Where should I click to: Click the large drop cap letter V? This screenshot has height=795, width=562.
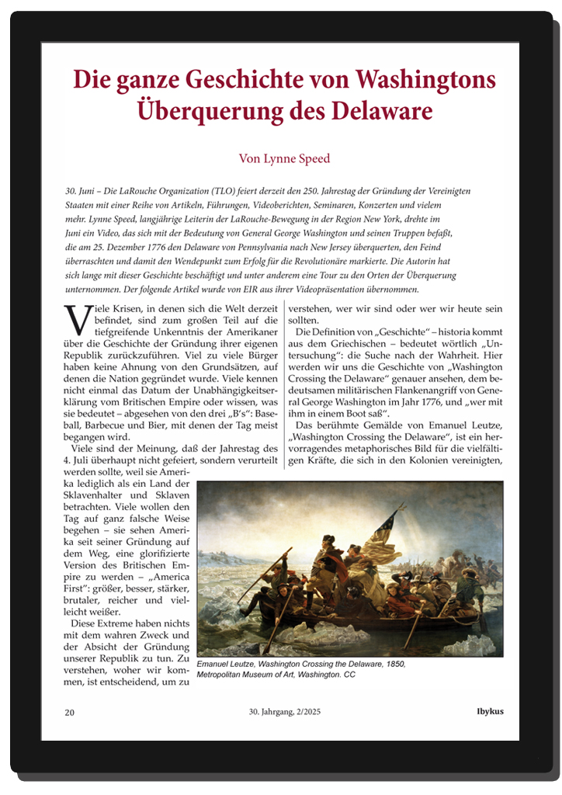point(74,317)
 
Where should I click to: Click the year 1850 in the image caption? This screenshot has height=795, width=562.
point(393,665)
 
